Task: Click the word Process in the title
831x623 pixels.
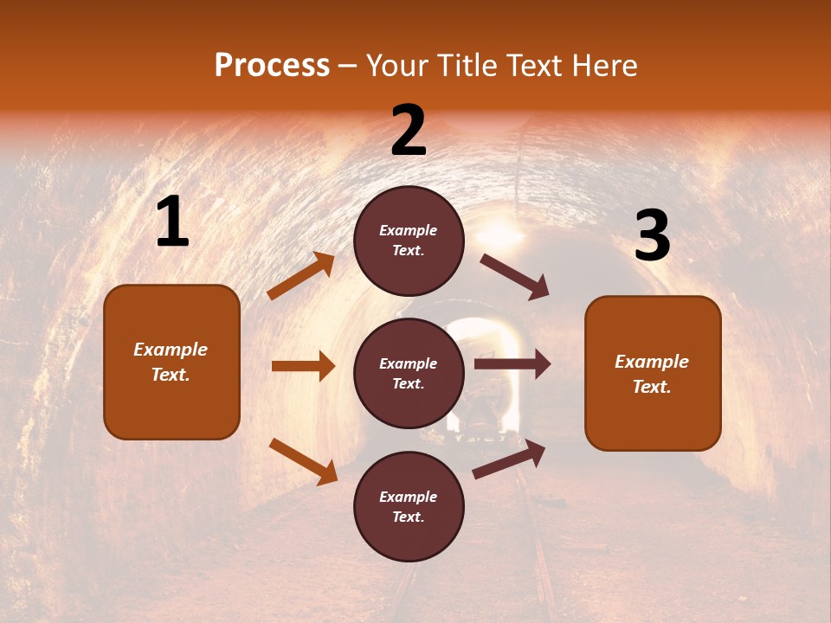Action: [x=272, y=66]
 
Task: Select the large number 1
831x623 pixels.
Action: [x=172, y=223]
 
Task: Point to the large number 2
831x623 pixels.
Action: [x=409, y=131]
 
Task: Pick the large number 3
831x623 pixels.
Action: [x=653, y=235]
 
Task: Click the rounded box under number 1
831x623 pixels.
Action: [x=171, y=362]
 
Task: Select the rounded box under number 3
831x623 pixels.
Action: [x=653, y=374]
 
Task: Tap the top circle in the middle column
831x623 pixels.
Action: [x=409, y=241]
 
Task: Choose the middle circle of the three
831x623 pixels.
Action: [x=409, y=374]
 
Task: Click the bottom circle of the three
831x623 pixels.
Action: [x=409, y=507]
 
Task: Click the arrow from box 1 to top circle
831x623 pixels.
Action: [x=300, y=276]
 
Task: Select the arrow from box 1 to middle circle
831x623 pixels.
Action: [x=303, y=366]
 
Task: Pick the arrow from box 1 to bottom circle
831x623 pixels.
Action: [x=303, y=461]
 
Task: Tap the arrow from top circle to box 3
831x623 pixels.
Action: [x=514, y=277]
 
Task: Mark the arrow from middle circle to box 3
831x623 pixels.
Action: [x=512, y=364]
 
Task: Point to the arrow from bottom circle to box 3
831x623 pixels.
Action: [x=509, y=459]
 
